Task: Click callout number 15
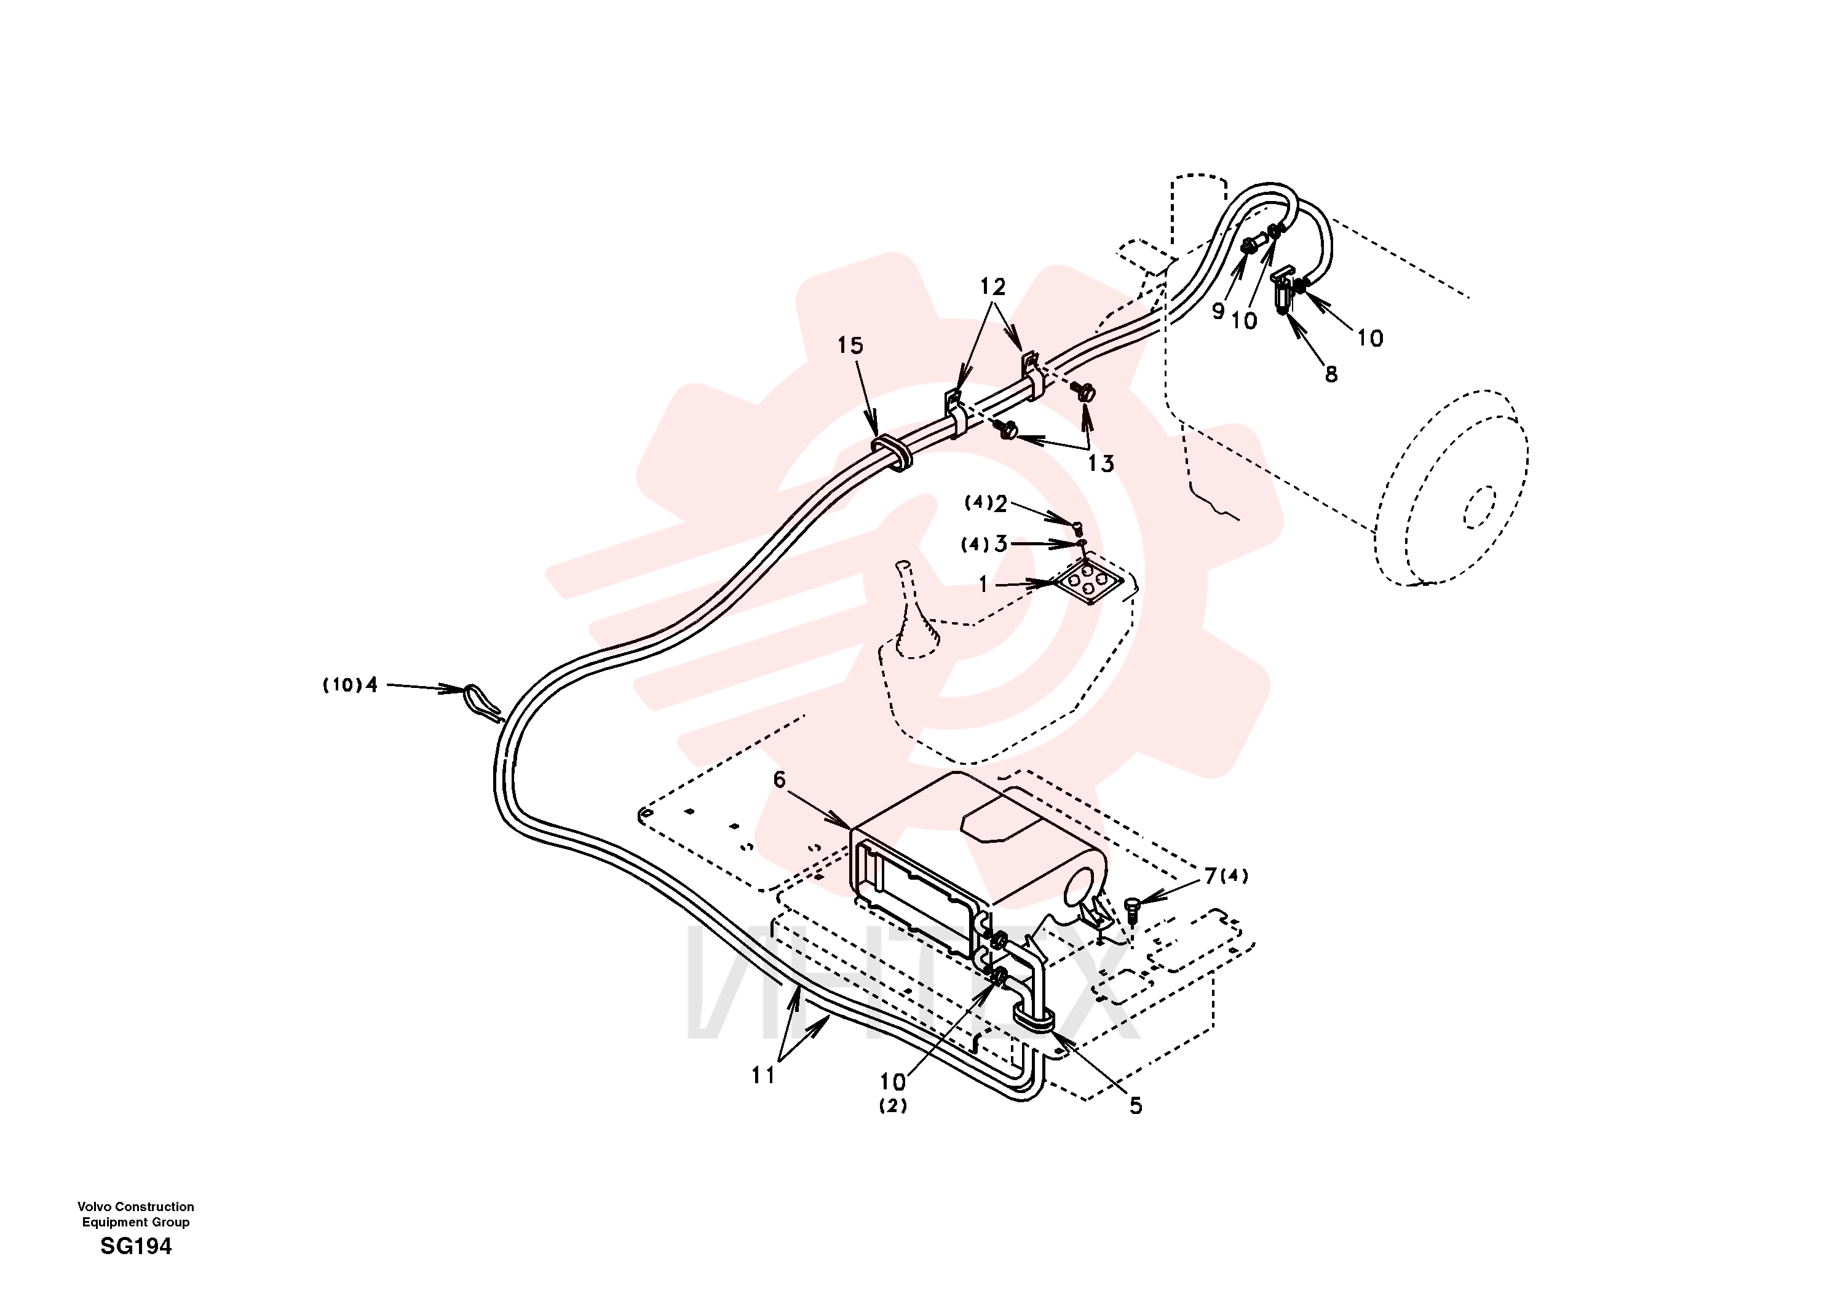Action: coord(850,346)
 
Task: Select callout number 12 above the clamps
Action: coord(992,287)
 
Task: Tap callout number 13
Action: coord(1101,464)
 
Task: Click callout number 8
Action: coord(1331,374)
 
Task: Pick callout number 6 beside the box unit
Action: coord(780,780)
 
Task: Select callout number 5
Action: coord(1136,1106)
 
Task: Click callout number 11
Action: coord(762,1076)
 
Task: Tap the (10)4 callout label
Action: coord(350,685)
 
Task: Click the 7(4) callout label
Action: coord(1226,877)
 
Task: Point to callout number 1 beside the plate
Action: coord(983,585)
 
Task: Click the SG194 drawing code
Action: coord(137,1246)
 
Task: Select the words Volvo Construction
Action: coord(135,1207)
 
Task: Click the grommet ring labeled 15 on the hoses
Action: coord(891,451)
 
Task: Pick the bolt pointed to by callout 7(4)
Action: coord(1133,909)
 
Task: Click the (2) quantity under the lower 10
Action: coord(893,1106)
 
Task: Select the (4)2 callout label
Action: coord(986,503)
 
